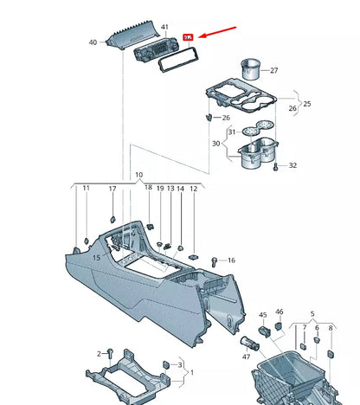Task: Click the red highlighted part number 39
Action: (189, 38)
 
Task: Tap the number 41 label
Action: (165, 29)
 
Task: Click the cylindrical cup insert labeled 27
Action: (253, 69)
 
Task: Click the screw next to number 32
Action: (275, 165)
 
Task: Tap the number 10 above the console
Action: (138, 175)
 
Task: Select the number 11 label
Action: (86, 188)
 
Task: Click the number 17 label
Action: (112, 188)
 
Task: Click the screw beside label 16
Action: (215, 259)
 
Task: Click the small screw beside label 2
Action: (111, 353)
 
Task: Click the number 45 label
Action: (263, 315)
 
